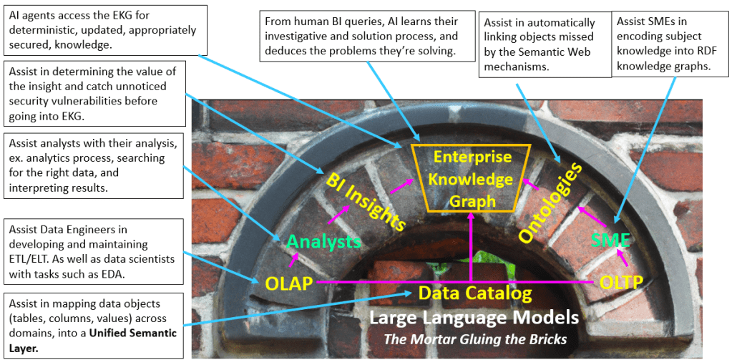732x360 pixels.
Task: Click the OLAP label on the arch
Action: pos(288,283)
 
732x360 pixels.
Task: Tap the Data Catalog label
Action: pos(474,293)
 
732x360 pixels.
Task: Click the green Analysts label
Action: pos(324,242)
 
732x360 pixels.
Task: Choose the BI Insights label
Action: pos(366,200)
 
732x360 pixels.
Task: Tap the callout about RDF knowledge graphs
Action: pos(670,44)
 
